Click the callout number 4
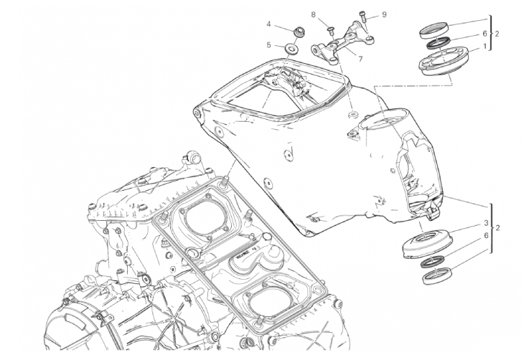point(268,24)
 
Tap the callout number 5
point(268,45)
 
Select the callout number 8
point(314,14)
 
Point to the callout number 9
point(384,14)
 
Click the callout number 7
point(360,59)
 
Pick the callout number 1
point(485,47)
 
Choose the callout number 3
point(486,223)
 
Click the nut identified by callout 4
point(298,33)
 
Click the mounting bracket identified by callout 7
point(342,42)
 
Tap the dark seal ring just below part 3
point(432,261)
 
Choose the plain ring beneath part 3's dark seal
point(438,275)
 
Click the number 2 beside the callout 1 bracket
point(496,34)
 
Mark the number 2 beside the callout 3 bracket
point(497,228)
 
